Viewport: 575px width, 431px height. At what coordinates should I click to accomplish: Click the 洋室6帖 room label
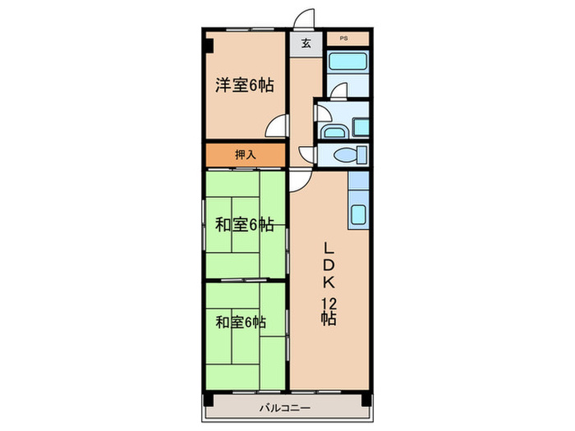coord(245,85)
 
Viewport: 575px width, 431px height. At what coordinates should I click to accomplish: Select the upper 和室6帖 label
coord(245,224)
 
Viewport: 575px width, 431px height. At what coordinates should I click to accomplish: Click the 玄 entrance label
coord(306,44)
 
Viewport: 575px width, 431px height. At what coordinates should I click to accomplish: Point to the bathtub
coord(347,63)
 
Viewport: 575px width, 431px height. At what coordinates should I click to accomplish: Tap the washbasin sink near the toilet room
coord(333,131)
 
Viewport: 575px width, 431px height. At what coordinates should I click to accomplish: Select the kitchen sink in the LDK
coord(359,215)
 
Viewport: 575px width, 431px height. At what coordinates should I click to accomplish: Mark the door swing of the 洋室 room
coord(280,126)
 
